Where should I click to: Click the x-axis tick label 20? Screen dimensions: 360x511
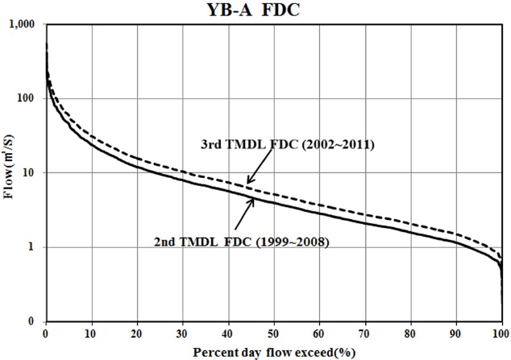(137, 333)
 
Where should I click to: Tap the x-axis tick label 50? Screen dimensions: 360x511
(274, 333)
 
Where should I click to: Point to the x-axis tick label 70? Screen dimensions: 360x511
(365, 333)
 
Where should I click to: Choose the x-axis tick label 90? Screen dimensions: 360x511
(456, 333)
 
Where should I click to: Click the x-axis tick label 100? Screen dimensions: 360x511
(501, 333)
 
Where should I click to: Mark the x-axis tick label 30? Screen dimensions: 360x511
(183, 333)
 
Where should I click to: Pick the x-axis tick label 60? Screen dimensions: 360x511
(319, 333)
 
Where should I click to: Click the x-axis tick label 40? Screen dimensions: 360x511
(228, 333)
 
